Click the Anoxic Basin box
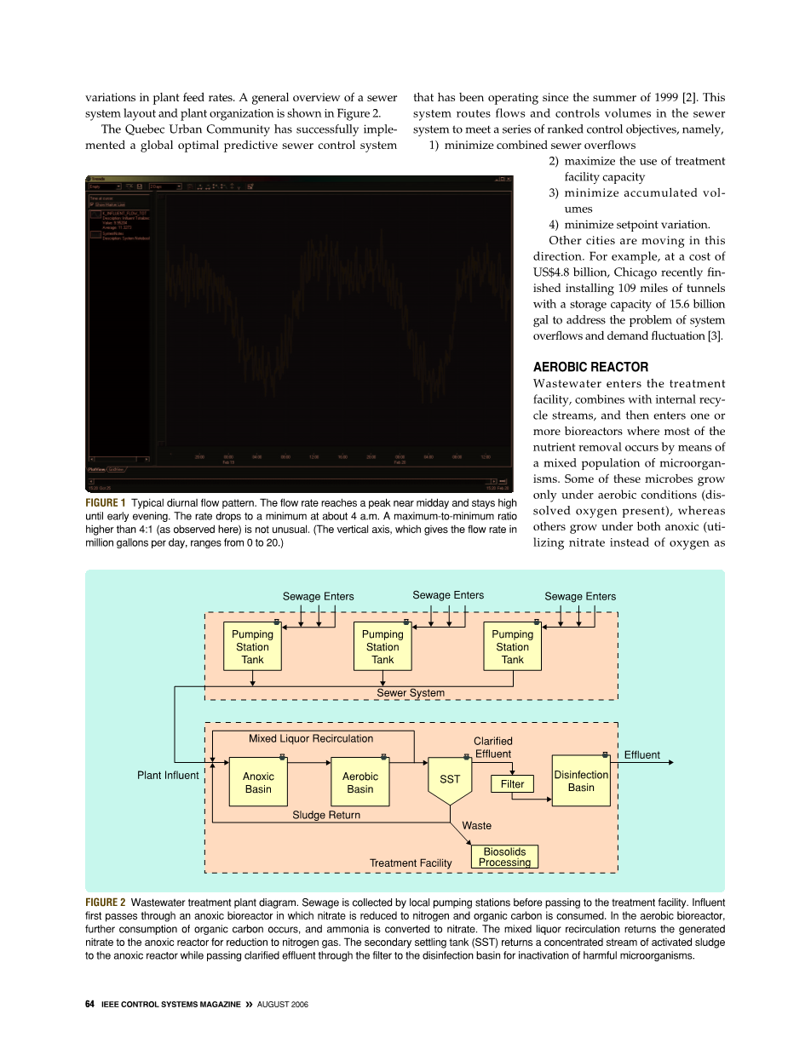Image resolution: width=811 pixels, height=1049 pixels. point(258,782)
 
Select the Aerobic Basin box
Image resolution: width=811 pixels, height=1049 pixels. point(359,782)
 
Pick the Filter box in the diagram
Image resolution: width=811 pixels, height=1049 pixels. point(512,783)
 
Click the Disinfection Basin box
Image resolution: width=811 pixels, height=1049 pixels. point(581,781)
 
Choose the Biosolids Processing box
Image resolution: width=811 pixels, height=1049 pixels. point(504,857)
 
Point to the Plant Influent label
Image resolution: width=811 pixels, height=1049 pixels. point(168,775)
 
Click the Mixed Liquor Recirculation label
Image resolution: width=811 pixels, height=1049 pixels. point(311,738)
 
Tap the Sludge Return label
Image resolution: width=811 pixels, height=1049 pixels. point(326,815)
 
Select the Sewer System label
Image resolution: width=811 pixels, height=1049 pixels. point(411,692)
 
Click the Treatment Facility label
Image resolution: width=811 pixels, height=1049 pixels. point(411,863)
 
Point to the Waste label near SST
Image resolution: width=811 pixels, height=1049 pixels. point(476,825)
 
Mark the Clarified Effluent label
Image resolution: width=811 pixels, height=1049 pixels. point(493,748)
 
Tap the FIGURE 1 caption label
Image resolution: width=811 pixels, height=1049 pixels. point(106,502)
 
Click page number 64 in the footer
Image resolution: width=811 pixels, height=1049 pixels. point(89,1004)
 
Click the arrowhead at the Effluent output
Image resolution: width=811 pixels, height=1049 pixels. point(670,762)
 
